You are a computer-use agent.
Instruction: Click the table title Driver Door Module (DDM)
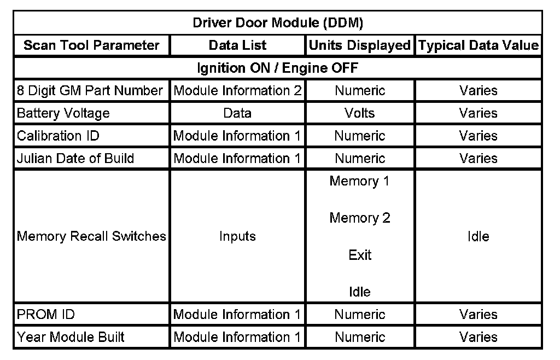(278, 23)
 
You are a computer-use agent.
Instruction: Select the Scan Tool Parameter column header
(91, 45)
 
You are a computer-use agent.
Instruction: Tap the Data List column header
(237, 45)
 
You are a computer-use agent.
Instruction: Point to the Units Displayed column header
(359, 45)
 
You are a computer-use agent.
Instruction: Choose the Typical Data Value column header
(479, 45)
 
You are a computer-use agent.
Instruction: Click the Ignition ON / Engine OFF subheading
(278, 68)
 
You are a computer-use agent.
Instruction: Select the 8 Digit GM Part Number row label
(90, 91)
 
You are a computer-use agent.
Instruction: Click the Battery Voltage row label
(63, 113)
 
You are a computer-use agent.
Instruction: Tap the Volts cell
(359, 113)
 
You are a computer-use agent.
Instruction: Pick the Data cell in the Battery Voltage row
(237, 113)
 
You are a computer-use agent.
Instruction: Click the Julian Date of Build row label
(75, 158)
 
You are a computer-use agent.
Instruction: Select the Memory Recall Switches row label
(91, 236)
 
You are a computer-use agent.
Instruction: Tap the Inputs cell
(237, 236)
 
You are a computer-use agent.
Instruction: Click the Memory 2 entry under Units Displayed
(359, 218)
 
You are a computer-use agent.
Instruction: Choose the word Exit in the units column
(359, 255)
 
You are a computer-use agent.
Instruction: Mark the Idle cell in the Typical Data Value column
(479, 236)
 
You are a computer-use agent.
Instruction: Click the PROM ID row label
(46, 315)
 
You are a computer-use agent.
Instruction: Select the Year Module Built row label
(71, 337)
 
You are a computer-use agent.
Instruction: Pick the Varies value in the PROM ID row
(479, 315)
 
